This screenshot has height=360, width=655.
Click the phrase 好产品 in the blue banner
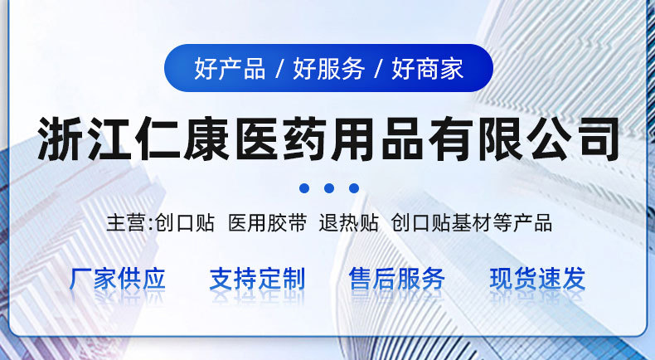[x=230, y=69]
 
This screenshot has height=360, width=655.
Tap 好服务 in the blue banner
[x=328, y=69]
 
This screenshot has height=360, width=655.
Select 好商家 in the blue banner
[x=428, y=69]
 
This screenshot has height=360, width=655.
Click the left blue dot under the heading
[x=303, y=188]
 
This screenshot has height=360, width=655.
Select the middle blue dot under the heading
[x=328, y=188]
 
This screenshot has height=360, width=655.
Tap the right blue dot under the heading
[x=353, y=188]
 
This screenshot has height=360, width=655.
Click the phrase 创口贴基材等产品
[x=471, y=223]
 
